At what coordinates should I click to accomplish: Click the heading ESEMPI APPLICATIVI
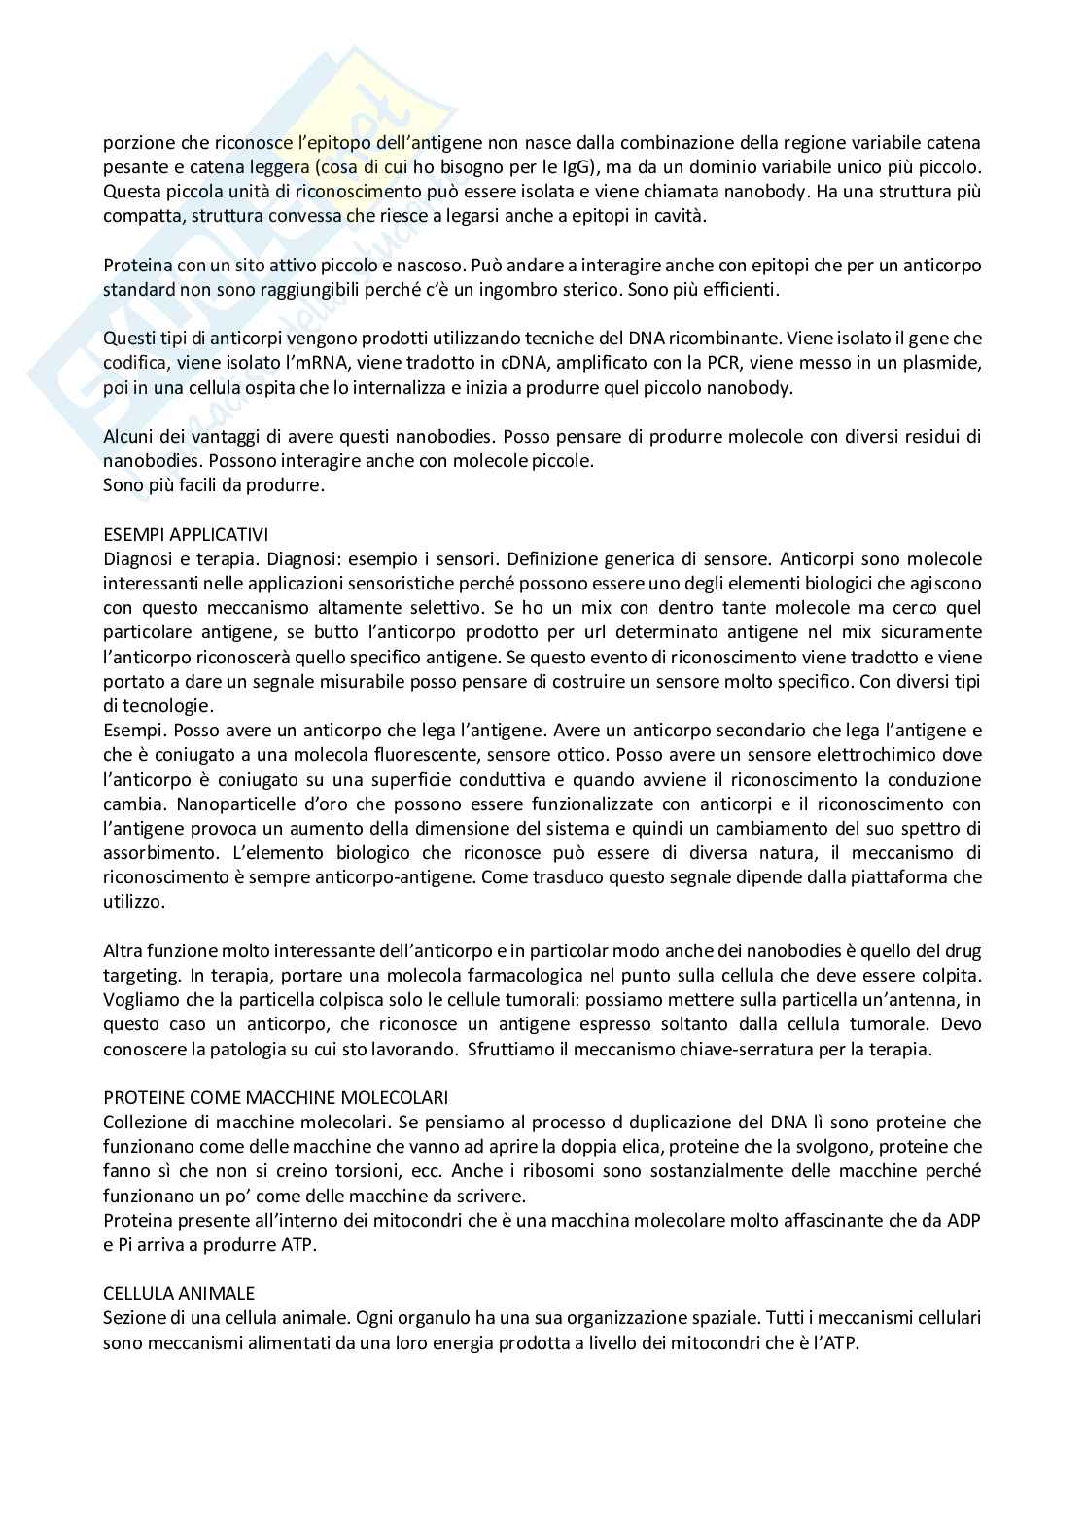[186, 534]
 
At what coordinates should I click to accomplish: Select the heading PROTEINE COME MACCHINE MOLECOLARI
[276, 1097]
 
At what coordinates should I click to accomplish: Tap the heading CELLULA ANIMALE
[179, 1293]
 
